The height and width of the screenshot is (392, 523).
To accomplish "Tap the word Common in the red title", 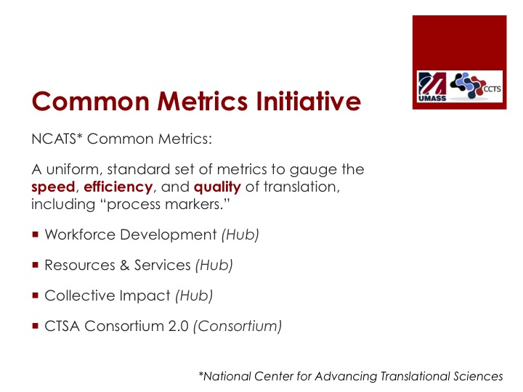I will tap(81, 102).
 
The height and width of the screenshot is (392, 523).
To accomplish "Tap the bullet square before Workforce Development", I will tap(35, 235).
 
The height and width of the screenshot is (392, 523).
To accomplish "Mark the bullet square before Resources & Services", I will tap(35, 266).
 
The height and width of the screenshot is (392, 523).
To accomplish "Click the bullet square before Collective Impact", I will tap(35, 296).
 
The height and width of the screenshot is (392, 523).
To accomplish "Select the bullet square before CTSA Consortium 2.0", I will tap(35, 327).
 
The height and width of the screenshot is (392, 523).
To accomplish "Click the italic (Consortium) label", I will tap(237, 327).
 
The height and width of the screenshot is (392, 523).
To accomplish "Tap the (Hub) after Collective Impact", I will tap(194, 296).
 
